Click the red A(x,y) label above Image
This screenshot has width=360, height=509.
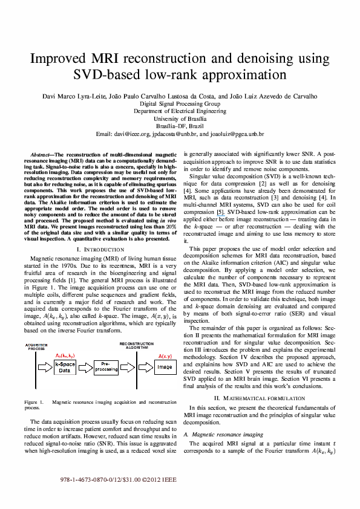coord(165,357)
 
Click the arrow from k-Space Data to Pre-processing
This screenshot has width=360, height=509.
coord(85,367)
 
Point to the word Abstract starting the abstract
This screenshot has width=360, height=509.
coord(40,155)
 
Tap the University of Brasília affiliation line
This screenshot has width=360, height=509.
coord(180,119)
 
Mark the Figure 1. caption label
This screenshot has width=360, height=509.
coord(34,402)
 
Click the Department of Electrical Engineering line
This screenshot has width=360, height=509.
coord(180,111)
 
